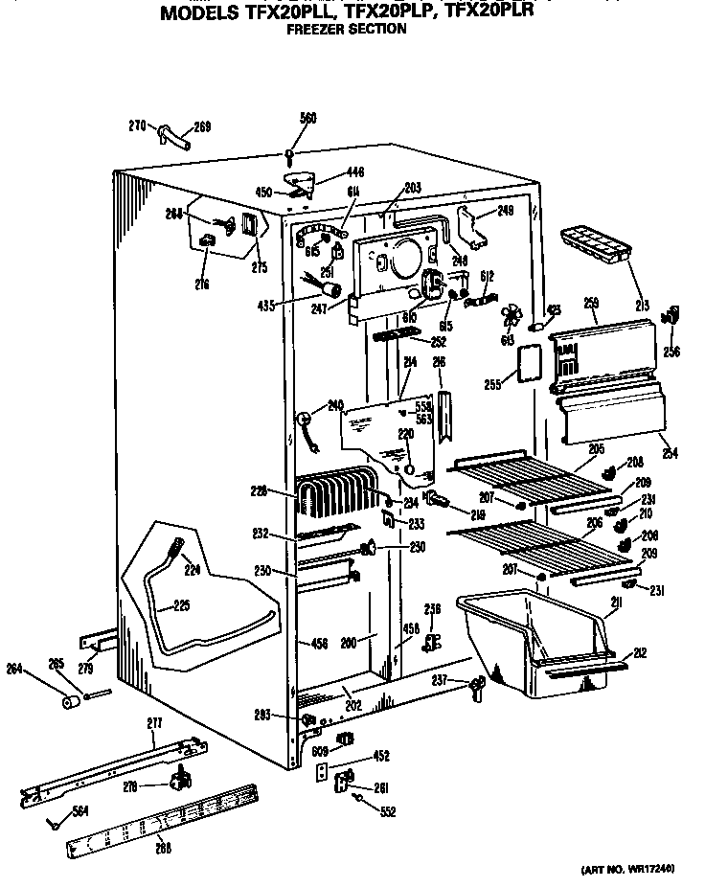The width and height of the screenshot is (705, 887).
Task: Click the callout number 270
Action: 137,125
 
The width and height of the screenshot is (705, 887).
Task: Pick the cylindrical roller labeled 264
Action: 68,704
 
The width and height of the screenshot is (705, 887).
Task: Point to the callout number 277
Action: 155,721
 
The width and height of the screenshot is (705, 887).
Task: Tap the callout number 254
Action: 670,452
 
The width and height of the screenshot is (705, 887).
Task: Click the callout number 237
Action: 439,680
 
